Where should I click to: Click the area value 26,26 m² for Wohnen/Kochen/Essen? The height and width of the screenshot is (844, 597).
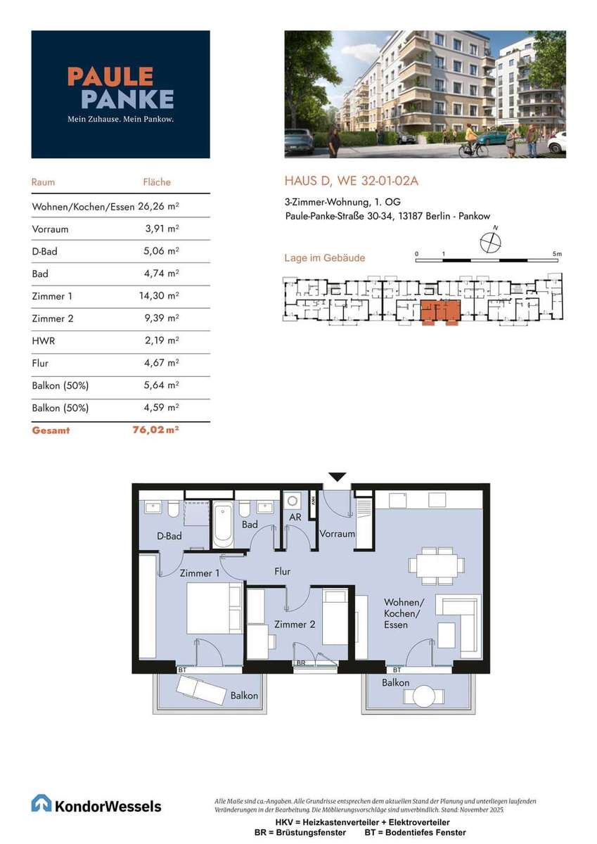click(x=158, y=206)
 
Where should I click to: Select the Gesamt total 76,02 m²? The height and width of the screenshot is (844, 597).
click(x=155, y=430)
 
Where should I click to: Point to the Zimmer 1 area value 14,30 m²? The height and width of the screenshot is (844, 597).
click(x=159, y=296)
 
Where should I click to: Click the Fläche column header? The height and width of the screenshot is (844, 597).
click(x=157, y=182)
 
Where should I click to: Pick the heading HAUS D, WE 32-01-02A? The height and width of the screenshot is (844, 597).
click(x=352, y=181)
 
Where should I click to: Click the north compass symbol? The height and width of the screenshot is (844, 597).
click(x=491, y=241)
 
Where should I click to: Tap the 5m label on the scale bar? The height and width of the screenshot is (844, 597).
click(x=557, y=254)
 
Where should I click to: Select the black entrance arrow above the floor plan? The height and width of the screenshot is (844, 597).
click(x=338, y=477)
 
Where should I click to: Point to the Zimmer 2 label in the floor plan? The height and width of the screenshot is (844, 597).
click(x=295, y=625)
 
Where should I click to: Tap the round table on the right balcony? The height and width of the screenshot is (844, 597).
click(x=424, y=696)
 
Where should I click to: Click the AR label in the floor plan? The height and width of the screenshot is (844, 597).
click(x=295, y=518)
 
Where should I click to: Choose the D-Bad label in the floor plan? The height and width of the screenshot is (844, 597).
click(x=169, y=536)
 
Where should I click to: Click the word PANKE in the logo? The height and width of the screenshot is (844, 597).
click(x=127, y=99)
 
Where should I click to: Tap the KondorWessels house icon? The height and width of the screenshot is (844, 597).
click(x=41, y=803)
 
